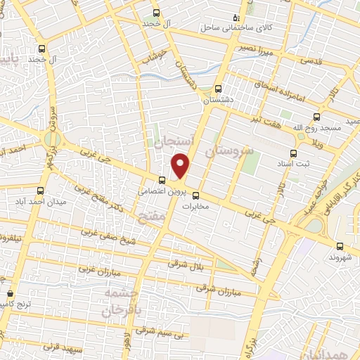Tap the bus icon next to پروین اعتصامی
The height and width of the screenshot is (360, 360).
pyautogui.click(x=162, y=180)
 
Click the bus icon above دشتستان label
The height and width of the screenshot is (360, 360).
pyautogui.click(x=217, y=89)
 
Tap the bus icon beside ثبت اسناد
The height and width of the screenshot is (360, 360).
pyautogui.click(x=293, y=153)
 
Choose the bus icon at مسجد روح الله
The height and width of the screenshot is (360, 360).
pyautogui.click(x=316, y=118)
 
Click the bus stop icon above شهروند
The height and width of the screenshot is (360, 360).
pyautogui.click(x=340, y=246)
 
